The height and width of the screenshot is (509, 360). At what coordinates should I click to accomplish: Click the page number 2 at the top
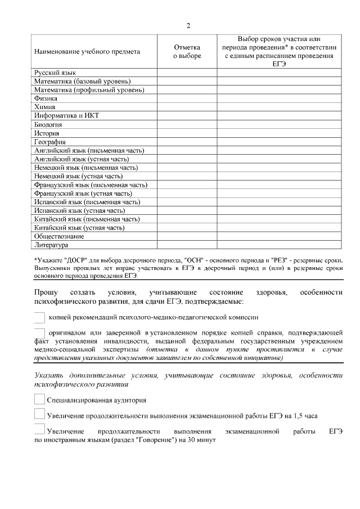188,26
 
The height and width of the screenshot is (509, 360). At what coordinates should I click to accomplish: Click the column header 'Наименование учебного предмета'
87,52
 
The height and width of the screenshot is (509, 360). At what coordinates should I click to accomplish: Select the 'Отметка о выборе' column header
187,52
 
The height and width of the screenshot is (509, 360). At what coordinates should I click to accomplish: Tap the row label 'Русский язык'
55,73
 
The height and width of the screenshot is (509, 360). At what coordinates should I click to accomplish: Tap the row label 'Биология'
48,124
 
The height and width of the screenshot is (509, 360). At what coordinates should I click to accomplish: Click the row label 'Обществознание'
60,237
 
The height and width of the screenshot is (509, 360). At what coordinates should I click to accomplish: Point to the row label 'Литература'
52,245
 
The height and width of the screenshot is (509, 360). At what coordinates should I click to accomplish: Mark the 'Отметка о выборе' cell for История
187,133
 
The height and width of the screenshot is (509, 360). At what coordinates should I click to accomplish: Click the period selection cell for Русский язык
279,73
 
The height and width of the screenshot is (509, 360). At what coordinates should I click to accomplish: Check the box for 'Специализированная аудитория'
39,400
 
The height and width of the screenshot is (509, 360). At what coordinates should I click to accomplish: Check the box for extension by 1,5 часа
39,415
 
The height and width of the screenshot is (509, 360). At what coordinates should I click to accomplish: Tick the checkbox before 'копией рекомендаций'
39,318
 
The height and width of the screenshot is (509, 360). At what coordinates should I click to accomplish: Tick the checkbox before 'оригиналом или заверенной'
39,332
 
